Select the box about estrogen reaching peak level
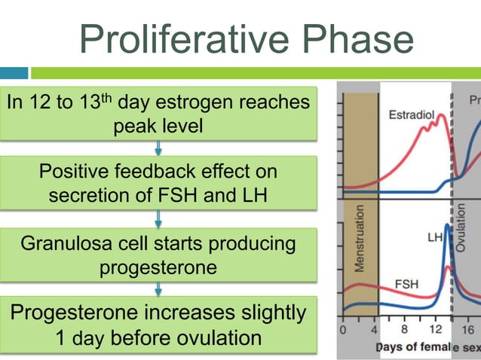click(x=158, y=113)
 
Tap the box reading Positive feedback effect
click(x=158, y=183)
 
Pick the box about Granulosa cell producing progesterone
click(x=158, y=255)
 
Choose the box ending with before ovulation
click(x=158, y=325)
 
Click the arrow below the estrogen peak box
click(x=158, y=148)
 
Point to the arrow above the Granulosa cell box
click(x=158, y=218)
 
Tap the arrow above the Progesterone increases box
click(x=158, y=289)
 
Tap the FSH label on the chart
click(x=408, y=285)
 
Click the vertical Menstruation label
click(x=360, y=237)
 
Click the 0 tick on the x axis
click(x=344, y=330)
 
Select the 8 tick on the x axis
click(x=406, y=330)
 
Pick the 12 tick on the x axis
click(x=435, y=330)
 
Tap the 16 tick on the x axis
click(x=467, y=330)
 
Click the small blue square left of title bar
click(x=14, y=73)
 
